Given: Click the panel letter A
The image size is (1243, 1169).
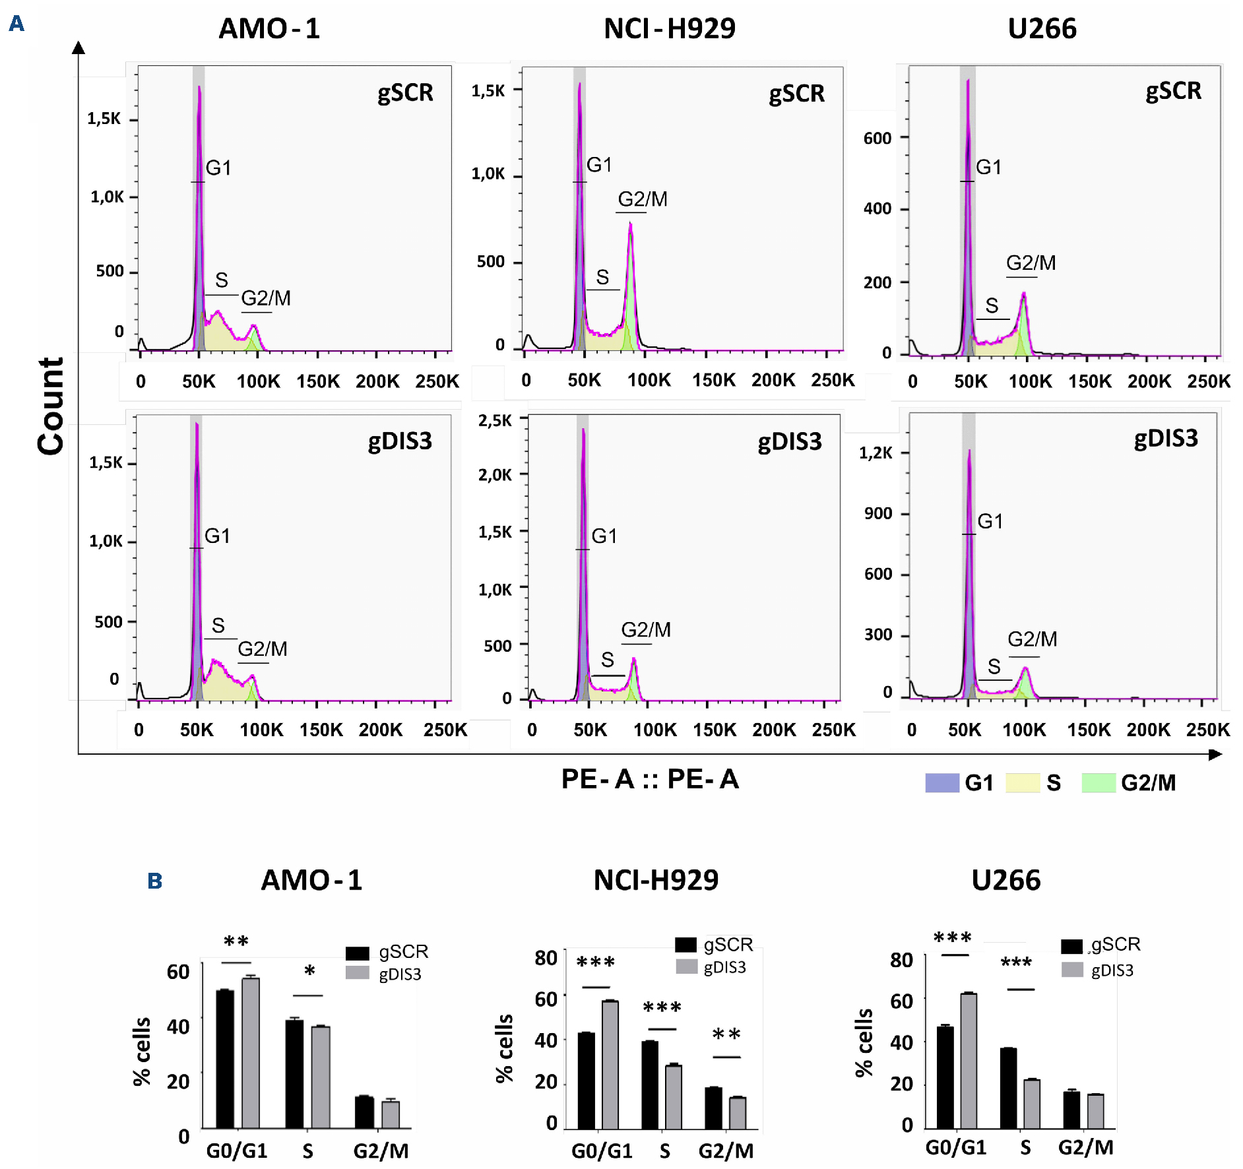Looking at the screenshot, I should pos(16,24).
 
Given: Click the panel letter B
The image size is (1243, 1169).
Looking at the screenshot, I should pos(154,881).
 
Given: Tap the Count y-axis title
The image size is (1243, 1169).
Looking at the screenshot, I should pos(51,406).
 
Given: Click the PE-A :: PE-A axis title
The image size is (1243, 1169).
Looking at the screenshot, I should pos(650,779).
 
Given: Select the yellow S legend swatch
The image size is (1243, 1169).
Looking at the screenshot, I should pos(1022,782).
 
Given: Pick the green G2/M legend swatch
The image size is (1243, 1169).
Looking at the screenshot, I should pos(1099,782).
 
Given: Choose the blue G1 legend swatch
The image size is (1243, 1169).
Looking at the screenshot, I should pos(941,782).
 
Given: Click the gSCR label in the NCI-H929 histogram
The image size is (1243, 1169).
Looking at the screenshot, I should pos(796,94).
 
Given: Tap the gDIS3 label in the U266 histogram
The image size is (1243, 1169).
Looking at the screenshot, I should pos(1165,439).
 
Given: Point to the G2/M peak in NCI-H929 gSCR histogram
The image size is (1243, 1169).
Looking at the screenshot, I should pos(631,228).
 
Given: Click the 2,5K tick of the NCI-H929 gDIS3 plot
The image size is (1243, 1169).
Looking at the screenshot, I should pos(495,420).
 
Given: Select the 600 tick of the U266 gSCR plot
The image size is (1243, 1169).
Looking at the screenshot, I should pos(877,139).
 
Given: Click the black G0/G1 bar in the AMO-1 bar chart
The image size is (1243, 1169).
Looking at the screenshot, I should pos(225,1059).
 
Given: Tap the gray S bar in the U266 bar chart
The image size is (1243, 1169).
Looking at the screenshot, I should pos(1032,1104).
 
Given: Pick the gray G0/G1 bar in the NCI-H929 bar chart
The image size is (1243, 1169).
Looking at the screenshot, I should pos(610,1065).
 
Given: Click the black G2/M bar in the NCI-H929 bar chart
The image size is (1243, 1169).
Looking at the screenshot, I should pos(713,1108).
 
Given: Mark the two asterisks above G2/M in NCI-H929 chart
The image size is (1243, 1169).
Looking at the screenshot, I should pos(726,1034).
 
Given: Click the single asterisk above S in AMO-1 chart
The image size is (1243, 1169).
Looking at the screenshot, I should pos(309,971).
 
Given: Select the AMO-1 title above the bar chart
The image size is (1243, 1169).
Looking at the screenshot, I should pos(311,880).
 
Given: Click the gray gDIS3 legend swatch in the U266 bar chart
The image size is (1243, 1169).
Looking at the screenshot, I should pos(1072,970).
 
